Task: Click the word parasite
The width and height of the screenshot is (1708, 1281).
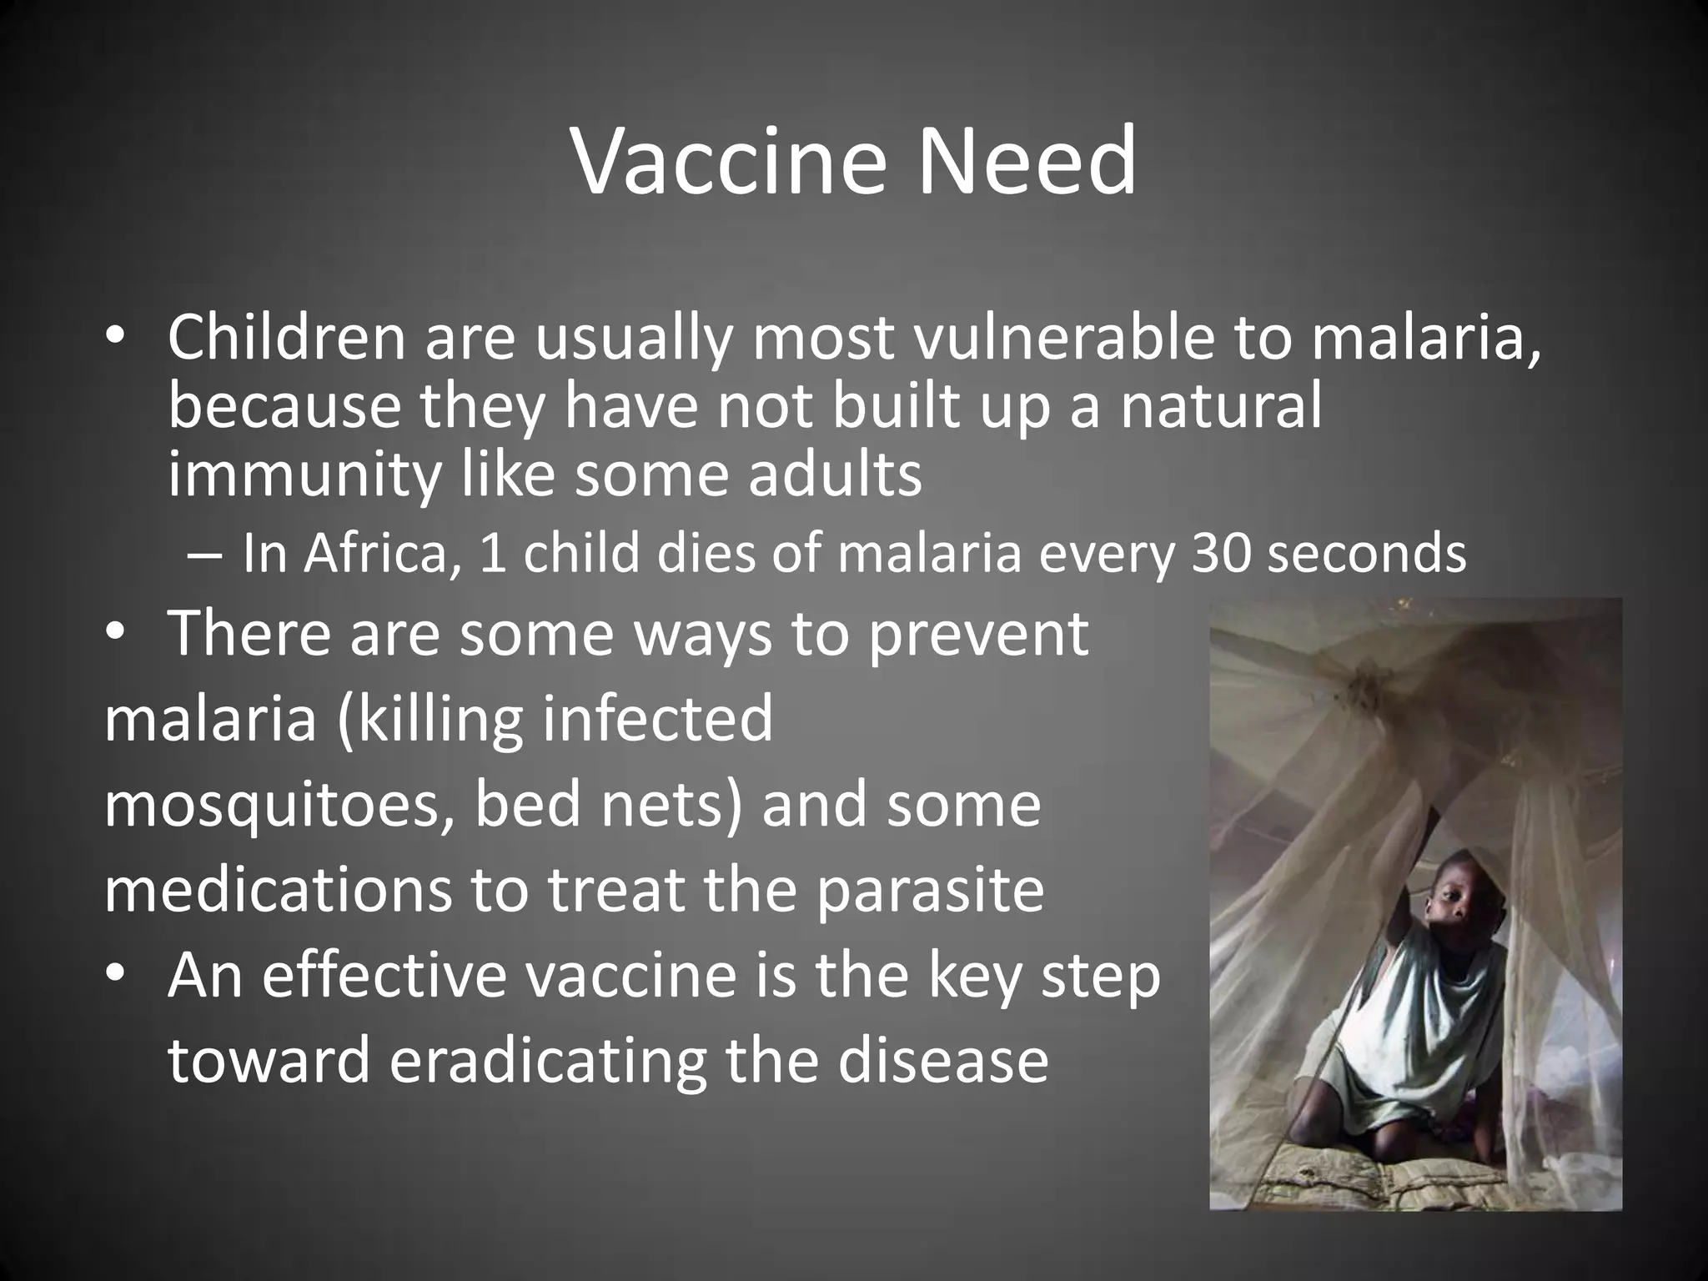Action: [929, 891]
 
